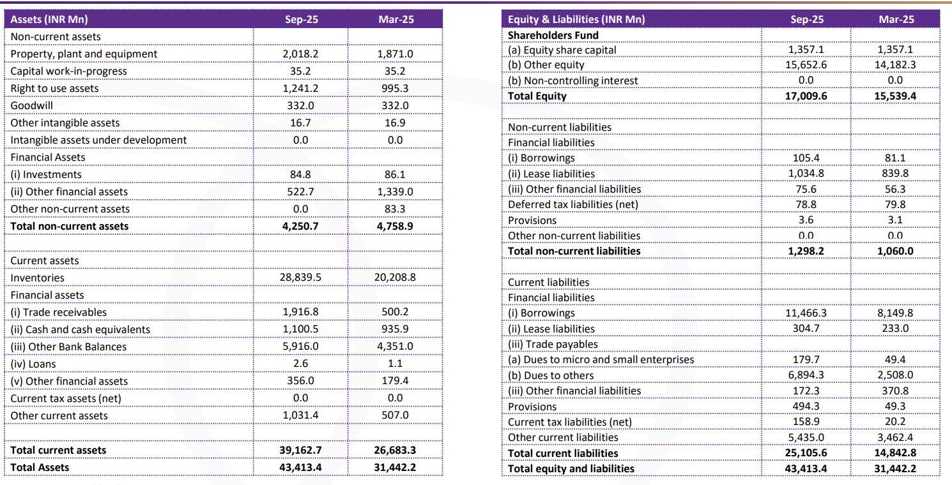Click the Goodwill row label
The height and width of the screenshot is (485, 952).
32,105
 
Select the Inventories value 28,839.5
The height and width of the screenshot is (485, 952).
300,278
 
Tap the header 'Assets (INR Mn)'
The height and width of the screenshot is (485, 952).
50,19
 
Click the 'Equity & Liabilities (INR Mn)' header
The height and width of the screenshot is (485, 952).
576,19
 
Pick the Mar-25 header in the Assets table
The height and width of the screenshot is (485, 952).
395,19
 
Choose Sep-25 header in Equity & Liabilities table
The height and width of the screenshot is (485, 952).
806,19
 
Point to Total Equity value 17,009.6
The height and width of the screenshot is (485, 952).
806,96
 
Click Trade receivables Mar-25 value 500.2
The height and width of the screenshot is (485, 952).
395,312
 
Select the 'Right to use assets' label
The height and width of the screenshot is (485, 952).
55,88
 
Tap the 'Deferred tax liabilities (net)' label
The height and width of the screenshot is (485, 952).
572,204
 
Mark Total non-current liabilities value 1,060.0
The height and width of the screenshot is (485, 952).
895,251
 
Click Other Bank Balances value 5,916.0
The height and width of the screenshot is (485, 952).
300,347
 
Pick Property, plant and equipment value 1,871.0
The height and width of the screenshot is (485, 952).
395,54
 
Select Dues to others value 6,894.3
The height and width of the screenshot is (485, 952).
806,375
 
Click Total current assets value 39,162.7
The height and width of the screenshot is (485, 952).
300,450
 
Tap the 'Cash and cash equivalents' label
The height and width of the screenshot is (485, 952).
81,329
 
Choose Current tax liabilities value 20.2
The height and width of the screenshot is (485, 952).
895,422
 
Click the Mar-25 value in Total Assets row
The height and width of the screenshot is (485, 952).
395,467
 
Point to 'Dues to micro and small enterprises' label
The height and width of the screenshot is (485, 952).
601,359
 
